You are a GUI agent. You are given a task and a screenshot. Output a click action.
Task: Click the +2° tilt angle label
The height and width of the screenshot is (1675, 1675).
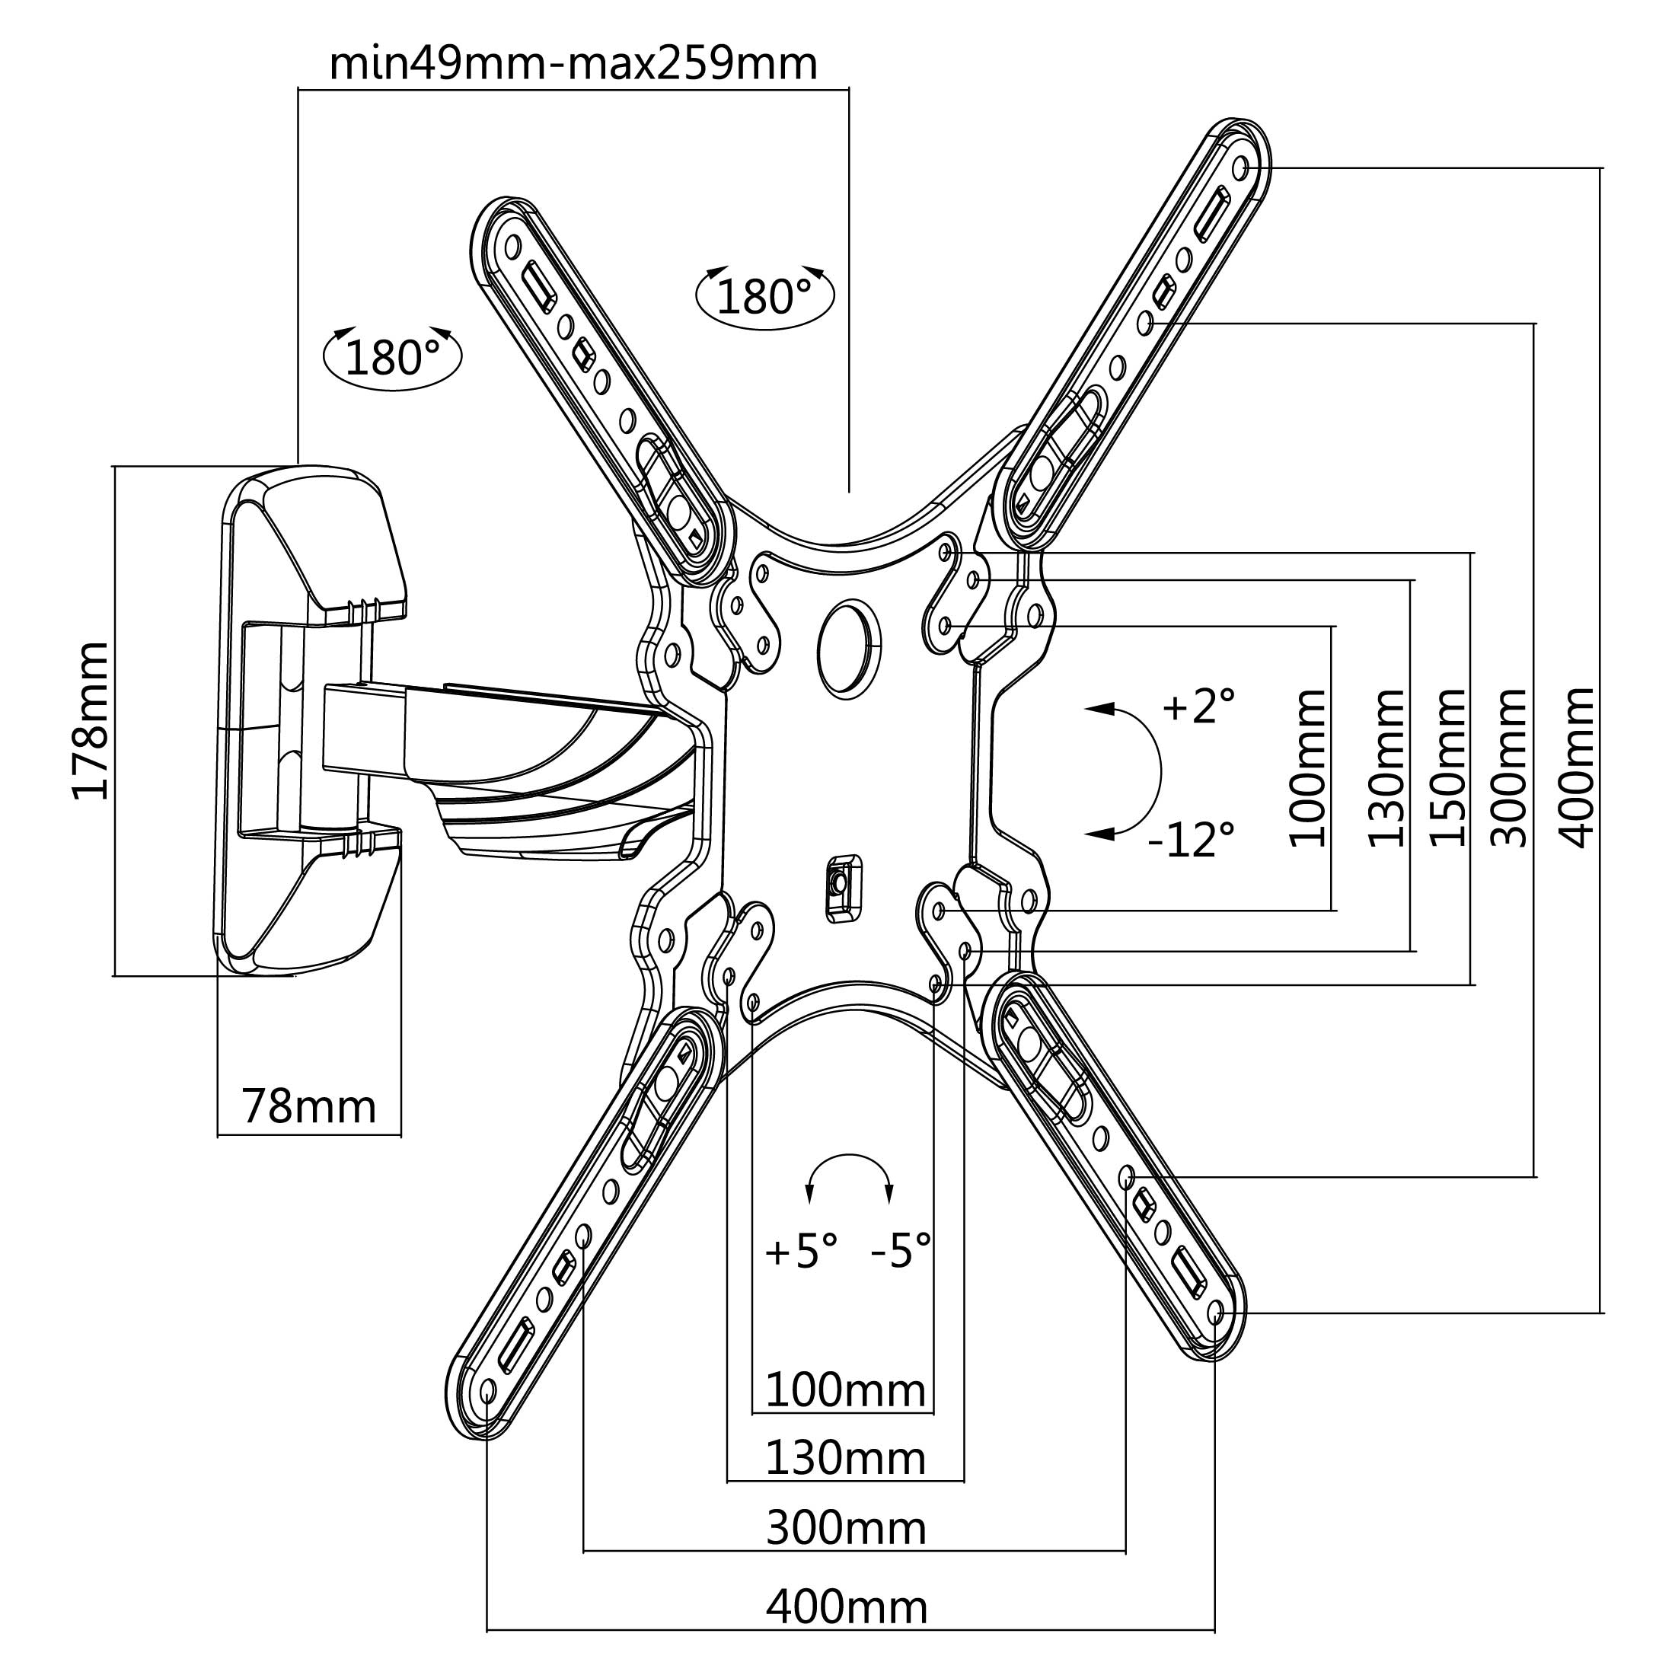[x=1198, y=706]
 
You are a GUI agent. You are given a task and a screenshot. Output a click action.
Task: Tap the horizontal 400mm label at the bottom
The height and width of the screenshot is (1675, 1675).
[x=846, y=1606]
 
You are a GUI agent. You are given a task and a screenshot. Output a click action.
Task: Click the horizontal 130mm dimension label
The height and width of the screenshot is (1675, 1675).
[x=845, y=1458]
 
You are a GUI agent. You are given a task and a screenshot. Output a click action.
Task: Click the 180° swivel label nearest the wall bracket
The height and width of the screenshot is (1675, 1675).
[x=392, y=356]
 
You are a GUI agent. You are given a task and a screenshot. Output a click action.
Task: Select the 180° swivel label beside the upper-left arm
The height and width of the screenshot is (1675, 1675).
[x=764, y=296]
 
